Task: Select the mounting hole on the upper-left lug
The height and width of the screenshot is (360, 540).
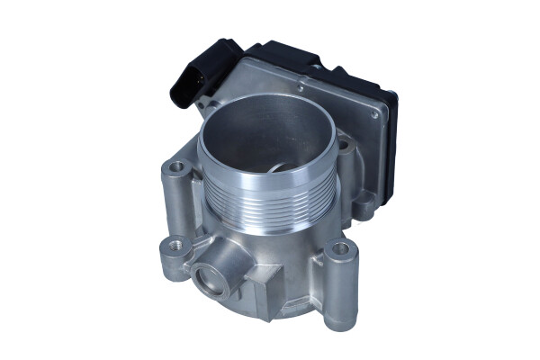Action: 176,166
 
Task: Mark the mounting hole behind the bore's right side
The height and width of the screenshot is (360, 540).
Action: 345,144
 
